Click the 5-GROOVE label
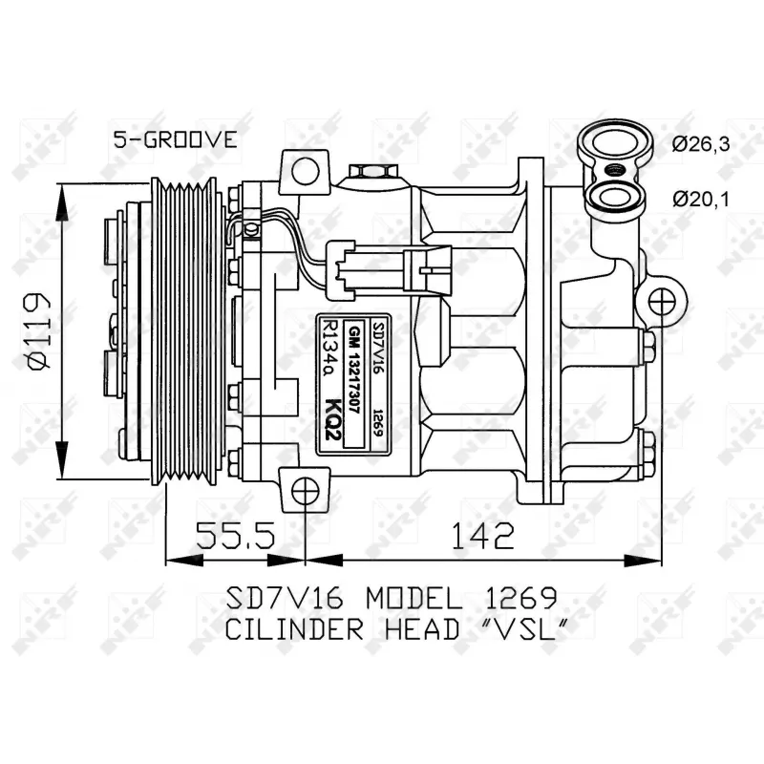click(175, 139)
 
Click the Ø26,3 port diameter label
click(700, 144)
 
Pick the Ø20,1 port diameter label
click(700, 199)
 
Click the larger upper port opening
click(608, 146)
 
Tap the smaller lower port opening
click(608, 198)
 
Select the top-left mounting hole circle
click(306, 172)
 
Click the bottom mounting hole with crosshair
click(306, 494)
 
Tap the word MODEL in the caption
click(416, 599)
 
